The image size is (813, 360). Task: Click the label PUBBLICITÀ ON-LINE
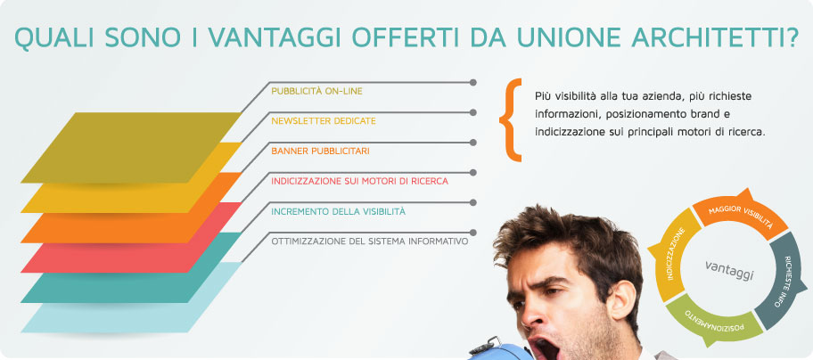tap(316, 91)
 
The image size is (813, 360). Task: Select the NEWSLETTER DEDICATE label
tap(324, 121)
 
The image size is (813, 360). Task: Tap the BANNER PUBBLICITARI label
tap(320, 151)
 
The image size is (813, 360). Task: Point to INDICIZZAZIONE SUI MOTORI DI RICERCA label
tap(360, 181)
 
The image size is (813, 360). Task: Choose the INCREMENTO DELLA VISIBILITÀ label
tap(339, 211)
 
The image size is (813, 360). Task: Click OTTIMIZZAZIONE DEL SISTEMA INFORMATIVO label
tap(370, 241)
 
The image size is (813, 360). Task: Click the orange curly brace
tap(510, 120)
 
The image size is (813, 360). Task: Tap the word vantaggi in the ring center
tap(729, 270)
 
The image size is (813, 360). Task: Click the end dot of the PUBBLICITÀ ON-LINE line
tap(472, 82)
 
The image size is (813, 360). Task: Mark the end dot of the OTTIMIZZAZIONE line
tap(472, 233)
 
